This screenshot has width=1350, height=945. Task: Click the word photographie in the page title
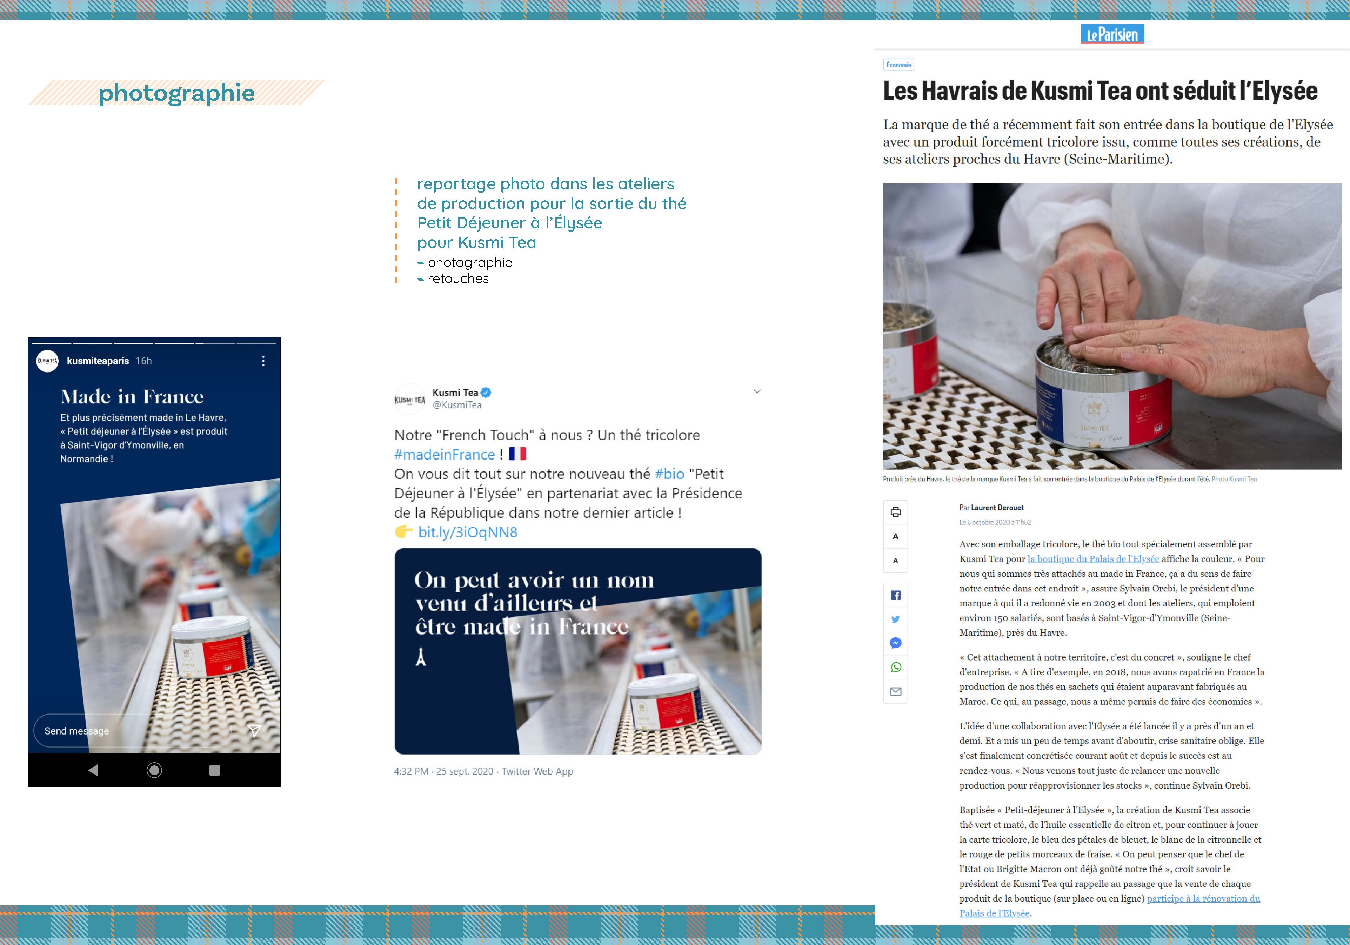176,93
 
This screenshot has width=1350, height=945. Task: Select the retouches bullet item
458,279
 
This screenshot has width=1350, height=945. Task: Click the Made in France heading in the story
132,397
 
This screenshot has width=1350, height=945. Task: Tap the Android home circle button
154,770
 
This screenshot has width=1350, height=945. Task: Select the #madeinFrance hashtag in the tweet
445,455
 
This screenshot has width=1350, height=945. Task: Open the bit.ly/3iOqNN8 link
467,532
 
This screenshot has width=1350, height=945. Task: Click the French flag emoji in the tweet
517,454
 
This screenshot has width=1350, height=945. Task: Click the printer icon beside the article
895,512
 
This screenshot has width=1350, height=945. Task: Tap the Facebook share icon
895,595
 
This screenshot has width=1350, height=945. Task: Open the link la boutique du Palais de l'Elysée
1093,559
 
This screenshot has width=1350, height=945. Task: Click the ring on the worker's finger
1159,349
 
